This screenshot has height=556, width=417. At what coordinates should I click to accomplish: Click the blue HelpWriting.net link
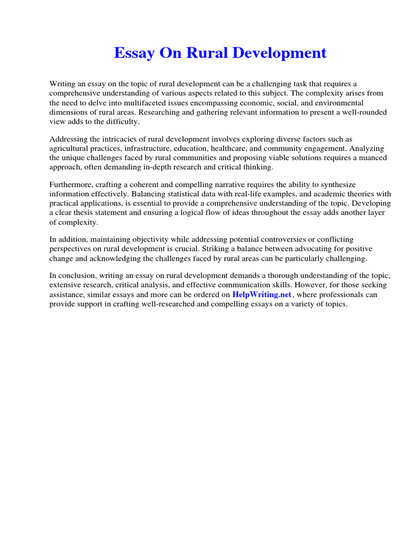tap(262, 295)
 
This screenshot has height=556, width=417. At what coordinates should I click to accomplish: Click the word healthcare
tap(238, 148)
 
